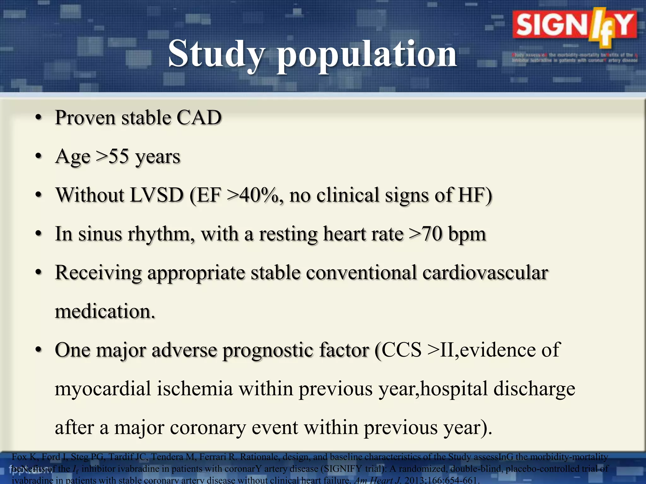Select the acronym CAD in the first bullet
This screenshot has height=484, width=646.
coord(199,118)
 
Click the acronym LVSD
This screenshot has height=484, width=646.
coord(157,195)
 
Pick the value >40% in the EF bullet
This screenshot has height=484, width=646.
coord(255,195)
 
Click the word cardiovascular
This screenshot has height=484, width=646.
coord(485,273)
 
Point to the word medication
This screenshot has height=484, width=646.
coord(105,311)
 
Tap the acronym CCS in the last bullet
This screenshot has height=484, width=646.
coord(402,350)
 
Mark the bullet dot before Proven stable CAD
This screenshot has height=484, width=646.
coord(38,118)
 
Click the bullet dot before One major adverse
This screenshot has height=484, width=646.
coord(38,350)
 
